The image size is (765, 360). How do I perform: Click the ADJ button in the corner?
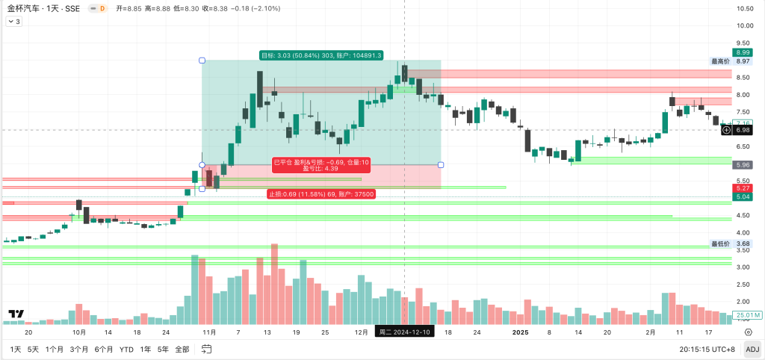pos(752,349)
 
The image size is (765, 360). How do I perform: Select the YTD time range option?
pos(126,349)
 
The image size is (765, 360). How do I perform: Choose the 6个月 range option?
pos(104,349)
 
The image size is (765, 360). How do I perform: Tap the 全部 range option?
pos(182,349)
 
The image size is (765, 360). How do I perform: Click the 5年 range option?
pos(163,349)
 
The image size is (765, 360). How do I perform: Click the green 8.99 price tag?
pos(743,52)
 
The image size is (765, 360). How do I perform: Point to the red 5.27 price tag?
pos(743,188)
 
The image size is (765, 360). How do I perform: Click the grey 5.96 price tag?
pos(743,164)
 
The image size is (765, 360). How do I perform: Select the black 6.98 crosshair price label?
pos(743,130)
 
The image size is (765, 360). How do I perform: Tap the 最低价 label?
pos(719,243)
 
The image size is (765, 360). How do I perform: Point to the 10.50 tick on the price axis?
pos(743,9)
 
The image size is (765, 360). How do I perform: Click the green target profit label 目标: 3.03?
pos(320,55)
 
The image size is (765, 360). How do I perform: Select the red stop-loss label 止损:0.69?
pos(320,194)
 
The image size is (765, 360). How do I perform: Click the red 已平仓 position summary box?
pos(321,165)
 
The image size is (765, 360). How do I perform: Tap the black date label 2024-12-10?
pos(403,332)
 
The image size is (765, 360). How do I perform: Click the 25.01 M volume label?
pos(747,315)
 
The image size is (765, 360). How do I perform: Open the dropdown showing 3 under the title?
pos(13,22)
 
